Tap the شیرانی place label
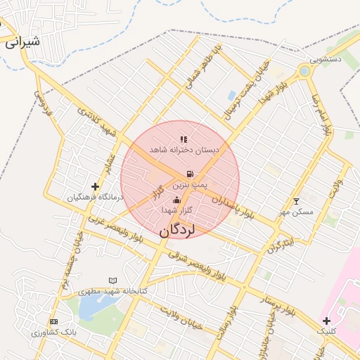22,41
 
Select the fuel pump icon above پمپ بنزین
189,173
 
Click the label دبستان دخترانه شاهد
184,150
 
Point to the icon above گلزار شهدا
176,200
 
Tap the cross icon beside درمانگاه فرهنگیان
95,186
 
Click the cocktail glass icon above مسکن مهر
295,202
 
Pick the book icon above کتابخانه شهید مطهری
112,281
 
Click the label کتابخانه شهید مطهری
112,290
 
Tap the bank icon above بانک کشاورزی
54,321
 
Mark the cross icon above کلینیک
327,321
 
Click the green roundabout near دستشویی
304,71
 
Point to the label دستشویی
333,60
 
